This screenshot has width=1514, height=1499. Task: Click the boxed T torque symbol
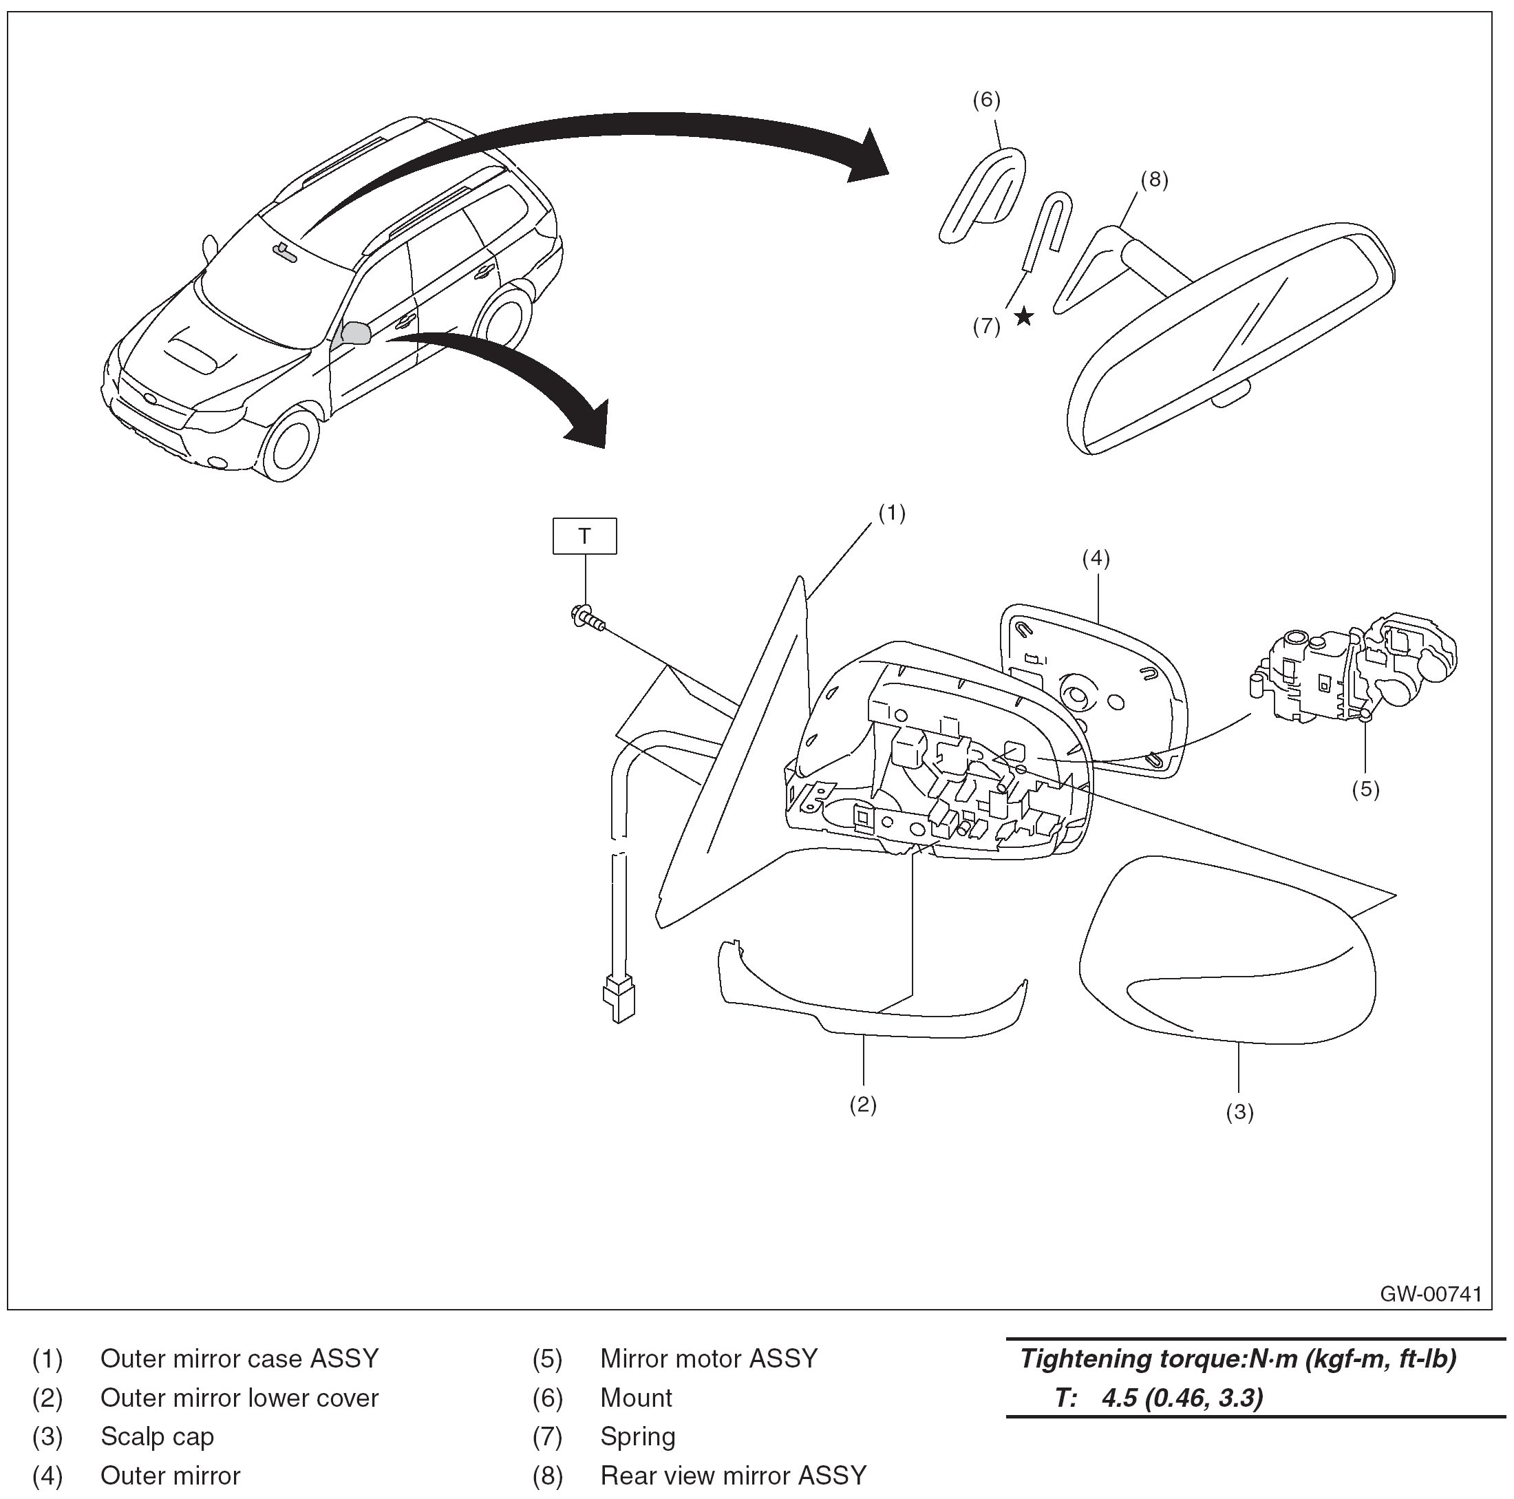point(584,536)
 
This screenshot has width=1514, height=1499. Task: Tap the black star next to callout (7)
point(1023,317)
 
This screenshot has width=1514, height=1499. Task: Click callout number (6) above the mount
point(987,100)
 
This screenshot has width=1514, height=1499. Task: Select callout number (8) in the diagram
point(1153,180)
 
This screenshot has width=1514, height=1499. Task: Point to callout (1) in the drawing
point(892,513)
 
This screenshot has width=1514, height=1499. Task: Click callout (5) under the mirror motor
point(1365,789)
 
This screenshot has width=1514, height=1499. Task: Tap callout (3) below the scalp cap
point(1239,1112)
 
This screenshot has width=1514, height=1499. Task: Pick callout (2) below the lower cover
point(863,1104)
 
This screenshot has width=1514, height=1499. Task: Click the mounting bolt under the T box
point(588,618)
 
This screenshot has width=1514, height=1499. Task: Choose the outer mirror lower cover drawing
point(870,995)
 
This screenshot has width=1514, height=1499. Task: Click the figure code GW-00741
point(1431,1294)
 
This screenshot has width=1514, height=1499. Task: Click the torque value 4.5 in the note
point(1119,1398)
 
